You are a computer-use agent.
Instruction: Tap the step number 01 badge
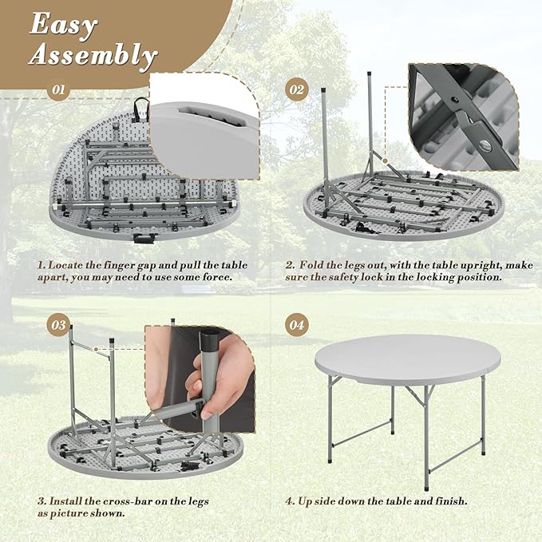58,90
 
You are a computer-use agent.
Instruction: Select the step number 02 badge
296,90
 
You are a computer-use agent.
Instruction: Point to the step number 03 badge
58,325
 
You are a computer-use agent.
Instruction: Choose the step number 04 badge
296,325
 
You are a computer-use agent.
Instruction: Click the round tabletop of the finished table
408,359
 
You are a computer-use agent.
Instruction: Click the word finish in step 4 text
451,500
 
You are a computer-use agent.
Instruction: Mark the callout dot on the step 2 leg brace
385,160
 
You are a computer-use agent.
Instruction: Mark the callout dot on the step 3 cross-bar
96,350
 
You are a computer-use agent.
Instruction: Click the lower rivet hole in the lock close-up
487,145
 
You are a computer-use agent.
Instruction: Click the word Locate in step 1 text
65,266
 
